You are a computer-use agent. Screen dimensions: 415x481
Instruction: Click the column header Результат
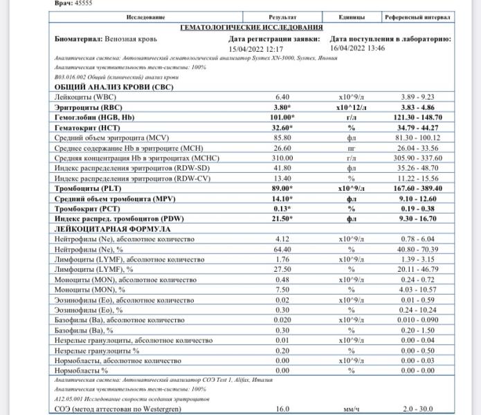click(282, 17)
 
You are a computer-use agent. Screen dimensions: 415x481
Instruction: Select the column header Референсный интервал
click(417, 17)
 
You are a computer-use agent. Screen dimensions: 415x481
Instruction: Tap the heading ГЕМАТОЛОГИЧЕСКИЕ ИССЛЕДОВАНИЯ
click(251, 28)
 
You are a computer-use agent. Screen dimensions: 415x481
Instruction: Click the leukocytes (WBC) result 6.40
click(282, 98)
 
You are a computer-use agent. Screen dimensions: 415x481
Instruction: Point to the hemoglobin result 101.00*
click(282, 118)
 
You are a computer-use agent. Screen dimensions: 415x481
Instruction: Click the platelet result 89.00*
click(282, 188)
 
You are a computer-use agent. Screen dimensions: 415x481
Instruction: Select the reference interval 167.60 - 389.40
click(417, 188)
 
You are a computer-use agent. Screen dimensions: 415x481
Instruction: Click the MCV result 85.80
click(282, 138)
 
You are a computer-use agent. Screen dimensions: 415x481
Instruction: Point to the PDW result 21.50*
click(282, 219)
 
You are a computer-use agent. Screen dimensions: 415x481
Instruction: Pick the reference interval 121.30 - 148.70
click(417, 118)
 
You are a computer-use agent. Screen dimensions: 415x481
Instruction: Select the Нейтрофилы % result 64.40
click(282, 249)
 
